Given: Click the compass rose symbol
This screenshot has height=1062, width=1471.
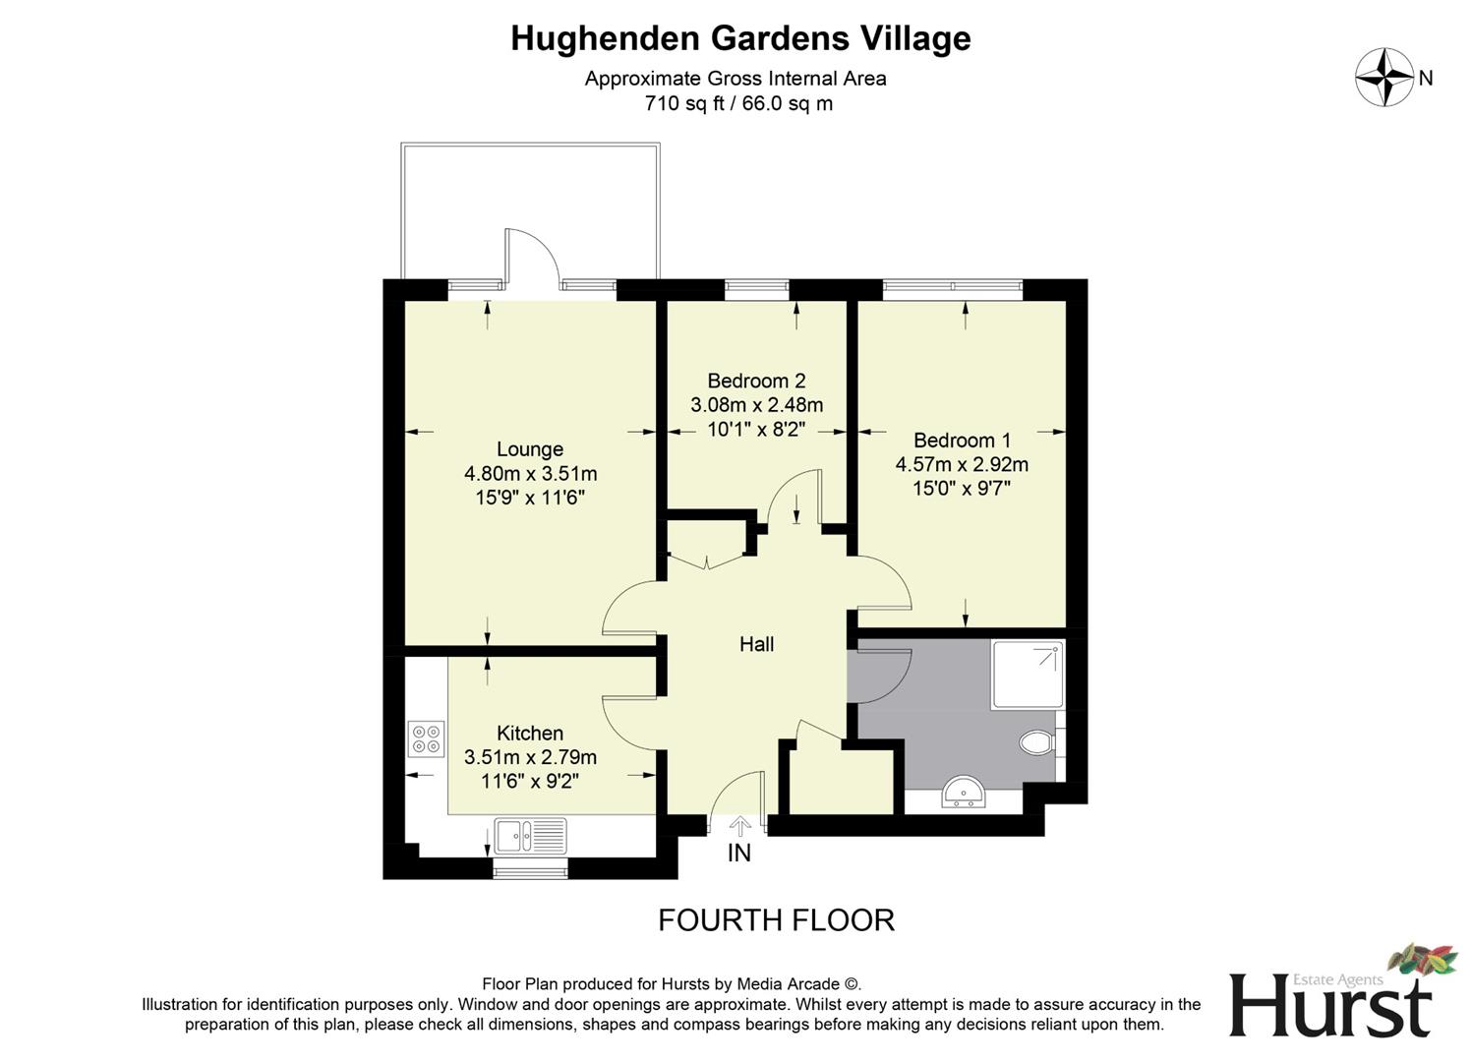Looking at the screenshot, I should point(1384,77).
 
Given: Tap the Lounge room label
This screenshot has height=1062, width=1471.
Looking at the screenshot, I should point(530,449).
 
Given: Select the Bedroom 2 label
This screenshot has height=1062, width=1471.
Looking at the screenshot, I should point(756,381).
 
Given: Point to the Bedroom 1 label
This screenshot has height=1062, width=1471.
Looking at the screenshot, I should point(962,441).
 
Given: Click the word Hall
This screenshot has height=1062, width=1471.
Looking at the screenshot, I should point(756,644).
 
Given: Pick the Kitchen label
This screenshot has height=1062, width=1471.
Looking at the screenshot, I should point(530,734).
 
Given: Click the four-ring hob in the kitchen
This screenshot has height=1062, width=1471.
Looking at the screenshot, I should point(427,738).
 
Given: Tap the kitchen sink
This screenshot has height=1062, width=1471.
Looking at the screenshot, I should point(530,835).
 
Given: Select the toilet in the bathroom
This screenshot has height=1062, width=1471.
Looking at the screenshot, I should point(1036,740).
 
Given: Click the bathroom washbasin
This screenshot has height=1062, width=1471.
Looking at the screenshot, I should point(964,791).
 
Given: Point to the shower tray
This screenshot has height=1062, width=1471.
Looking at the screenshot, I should point(1027,675).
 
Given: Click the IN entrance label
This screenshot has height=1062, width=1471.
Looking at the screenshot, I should point(738,854).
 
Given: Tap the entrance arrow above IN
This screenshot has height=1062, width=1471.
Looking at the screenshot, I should point(739,825).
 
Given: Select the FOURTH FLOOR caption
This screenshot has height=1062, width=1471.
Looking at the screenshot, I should point(776,920).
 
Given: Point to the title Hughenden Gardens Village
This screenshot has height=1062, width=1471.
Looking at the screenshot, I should point(740,38).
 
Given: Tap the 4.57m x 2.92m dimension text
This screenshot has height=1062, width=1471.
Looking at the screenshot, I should point(962,464).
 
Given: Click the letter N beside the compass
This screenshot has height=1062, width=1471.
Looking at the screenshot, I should point(1426,78).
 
